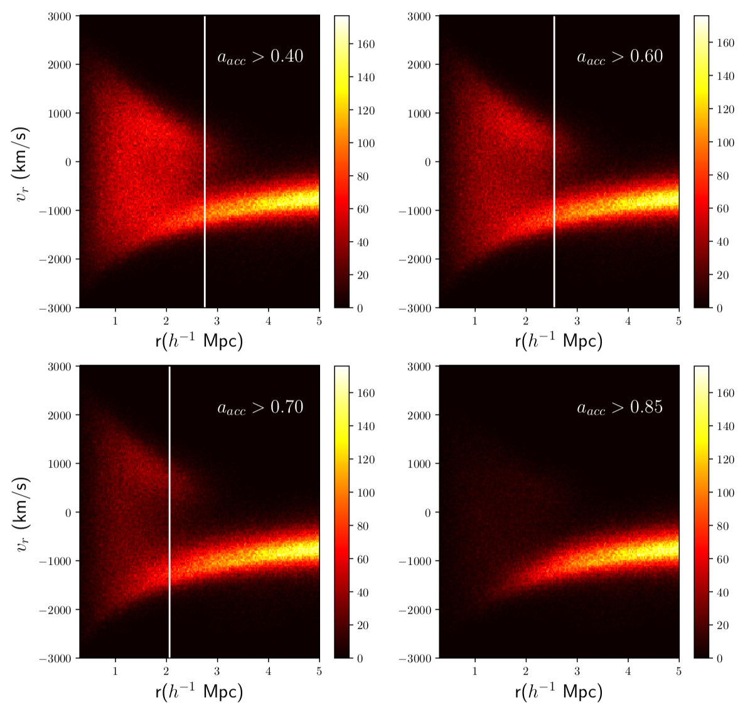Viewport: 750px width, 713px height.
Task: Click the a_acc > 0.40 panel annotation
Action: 260,56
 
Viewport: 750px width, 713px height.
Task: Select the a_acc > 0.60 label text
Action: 619,56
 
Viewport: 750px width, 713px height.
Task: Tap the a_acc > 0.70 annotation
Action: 260,407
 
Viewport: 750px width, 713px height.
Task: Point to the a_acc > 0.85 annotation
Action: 619,407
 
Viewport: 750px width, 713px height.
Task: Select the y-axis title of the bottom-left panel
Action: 22,513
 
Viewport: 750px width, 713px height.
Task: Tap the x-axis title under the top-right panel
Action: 559,341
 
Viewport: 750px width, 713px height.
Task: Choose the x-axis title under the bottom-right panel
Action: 559,692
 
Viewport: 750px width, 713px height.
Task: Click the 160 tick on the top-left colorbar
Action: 366,44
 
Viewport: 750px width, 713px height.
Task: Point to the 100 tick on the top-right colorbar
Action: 726,142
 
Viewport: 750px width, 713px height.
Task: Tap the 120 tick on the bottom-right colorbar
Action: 726,459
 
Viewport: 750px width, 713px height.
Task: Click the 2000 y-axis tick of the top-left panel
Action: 60,65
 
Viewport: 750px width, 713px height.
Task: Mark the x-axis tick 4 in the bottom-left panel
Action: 269,671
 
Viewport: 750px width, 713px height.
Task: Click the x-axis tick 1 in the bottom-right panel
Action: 475,671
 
